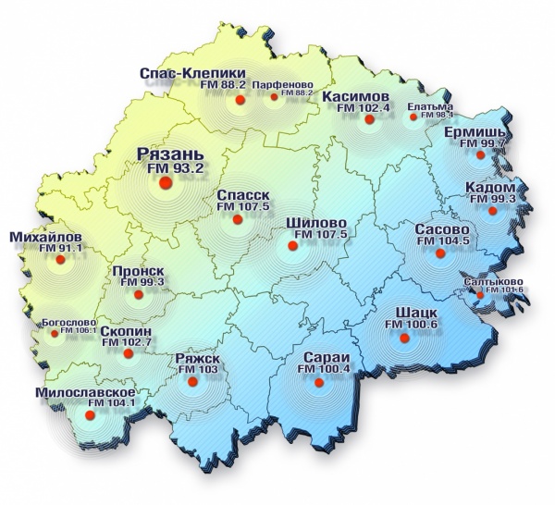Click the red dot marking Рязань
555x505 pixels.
[166, 184]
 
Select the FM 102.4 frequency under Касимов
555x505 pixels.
[364, 108]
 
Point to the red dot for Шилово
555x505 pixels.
[293, 246]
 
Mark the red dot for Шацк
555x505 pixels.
[403, 339]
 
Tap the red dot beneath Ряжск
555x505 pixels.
[191, 379]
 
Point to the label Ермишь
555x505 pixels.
[476, 132]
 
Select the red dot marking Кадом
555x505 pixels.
[493, 212]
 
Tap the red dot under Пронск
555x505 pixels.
[139, 295]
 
